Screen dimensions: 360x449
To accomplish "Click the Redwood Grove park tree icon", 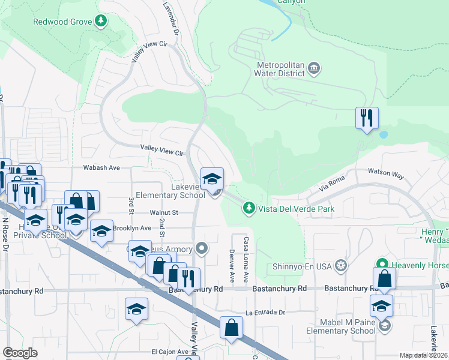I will click(x=101, y=22).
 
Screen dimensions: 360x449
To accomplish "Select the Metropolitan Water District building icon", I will click(x=314, y=68).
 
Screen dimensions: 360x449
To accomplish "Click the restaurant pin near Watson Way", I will click(x=366, y=118).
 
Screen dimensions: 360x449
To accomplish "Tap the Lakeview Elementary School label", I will click(x=170, y=191).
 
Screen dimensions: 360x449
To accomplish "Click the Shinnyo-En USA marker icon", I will click(x=342, y=265).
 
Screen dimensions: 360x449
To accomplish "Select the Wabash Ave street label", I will click(x=101, y=168).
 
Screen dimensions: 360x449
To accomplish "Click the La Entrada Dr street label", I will click(x=264, y=313).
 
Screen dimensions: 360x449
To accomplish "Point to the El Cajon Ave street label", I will click(x=170, y=352).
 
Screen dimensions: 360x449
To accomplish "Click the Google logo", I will click(x=20, y=353).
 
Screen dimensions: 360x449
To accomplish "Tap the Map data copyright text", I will click(x=424, y=355).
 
